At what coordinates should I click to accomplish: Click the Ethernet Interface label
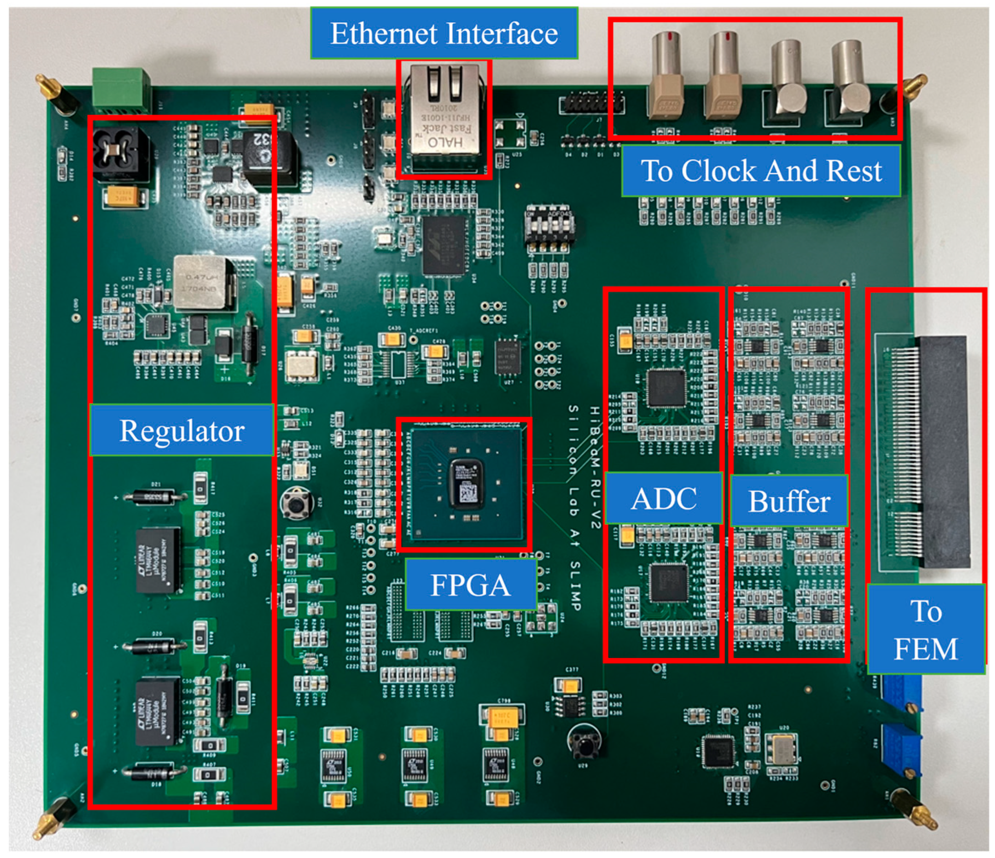pos(444,34)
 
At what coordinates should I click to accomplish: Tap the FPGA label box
pos(470,585)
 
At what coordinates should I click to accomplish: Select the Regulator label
pos(182,430)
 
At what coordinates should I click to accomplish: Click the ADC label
pos(664,499)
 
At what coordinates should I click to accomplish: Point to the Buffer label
pos(788,501)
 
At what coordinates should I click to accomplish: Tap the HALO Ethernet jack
pos(444,115)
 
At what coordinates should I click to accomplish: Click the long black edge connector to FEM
pos(944,451)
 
